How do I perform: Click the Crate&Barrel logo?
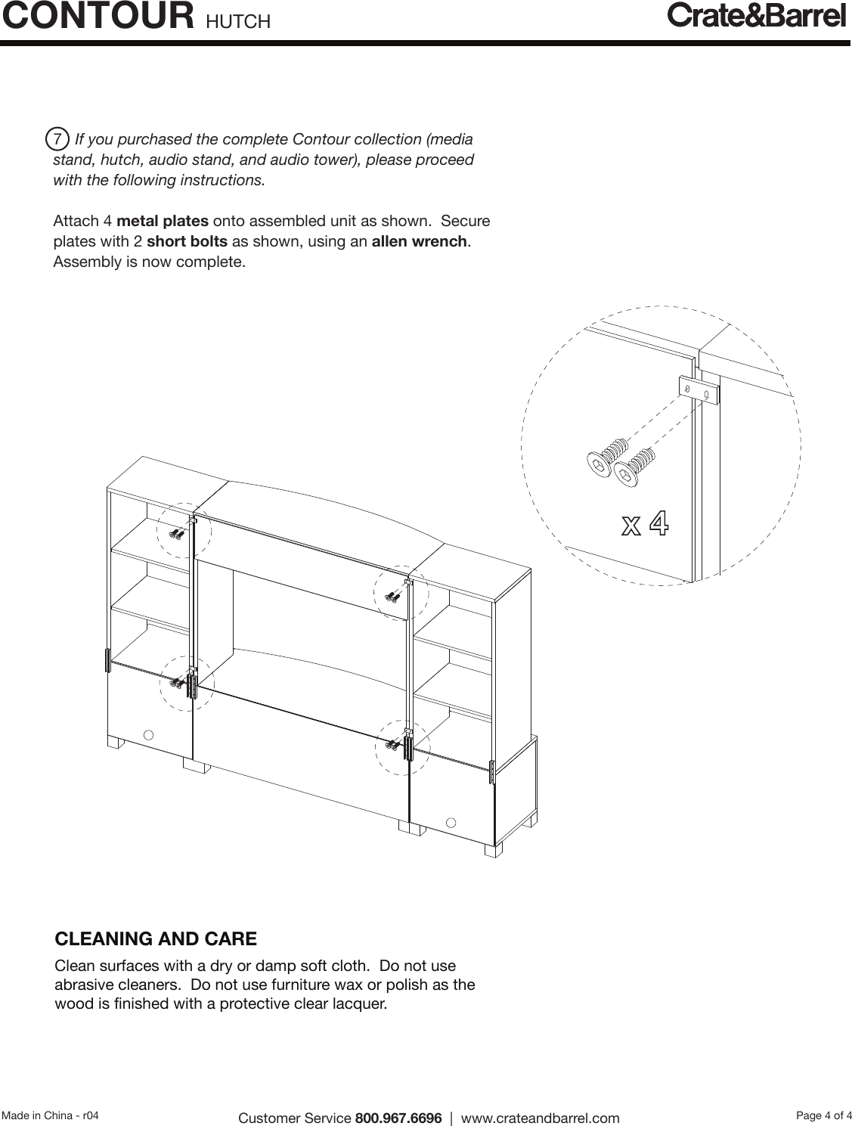pos(756,15)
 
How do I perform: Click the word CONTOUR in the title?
pos(98,17)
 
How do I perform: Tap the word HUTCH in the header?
pos(237,22)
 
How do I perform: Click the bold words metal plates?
pos(163,222)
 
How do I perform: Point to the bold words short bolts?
pos(187,242)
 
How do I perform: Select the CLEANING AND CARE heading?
pos(156,939)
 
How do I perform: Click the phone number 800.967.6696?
pos(398,1118)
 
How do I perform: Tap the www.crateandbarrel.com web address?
pos(540,1118)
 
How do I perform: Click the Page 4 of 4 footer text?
pos(823,1115)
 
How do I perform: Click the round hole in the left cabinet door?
pos(149,734)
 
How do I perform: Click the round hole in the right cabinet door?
pos(451,822)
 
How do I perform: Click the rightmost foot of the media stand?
pos(494,851)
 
